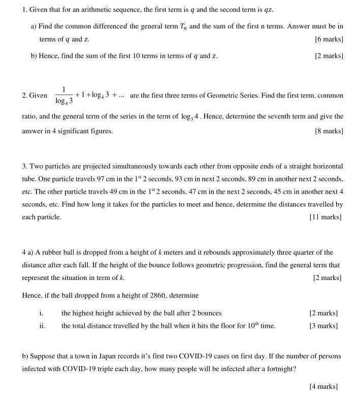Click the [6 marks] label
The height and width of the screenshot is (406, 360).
click(329, 39)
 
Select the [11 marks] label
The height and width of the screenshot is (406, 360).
click(325, 217)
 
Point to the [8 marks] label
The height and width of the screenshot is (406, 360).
click(329, 131)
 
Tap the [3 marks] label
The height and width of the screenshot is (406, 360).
click(323, 326)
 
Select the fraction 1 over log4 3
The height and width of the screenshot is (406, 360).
click(63, 95)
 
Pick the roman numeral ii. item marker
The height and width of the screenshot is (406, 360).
click(42, 326)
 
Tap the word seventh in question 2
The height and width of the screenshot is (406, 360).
click(276, 116)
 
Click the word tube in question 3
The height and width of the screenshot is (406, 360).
click(29, 179)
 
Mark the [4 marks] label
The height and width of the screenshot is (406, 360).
click(323, 386)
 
